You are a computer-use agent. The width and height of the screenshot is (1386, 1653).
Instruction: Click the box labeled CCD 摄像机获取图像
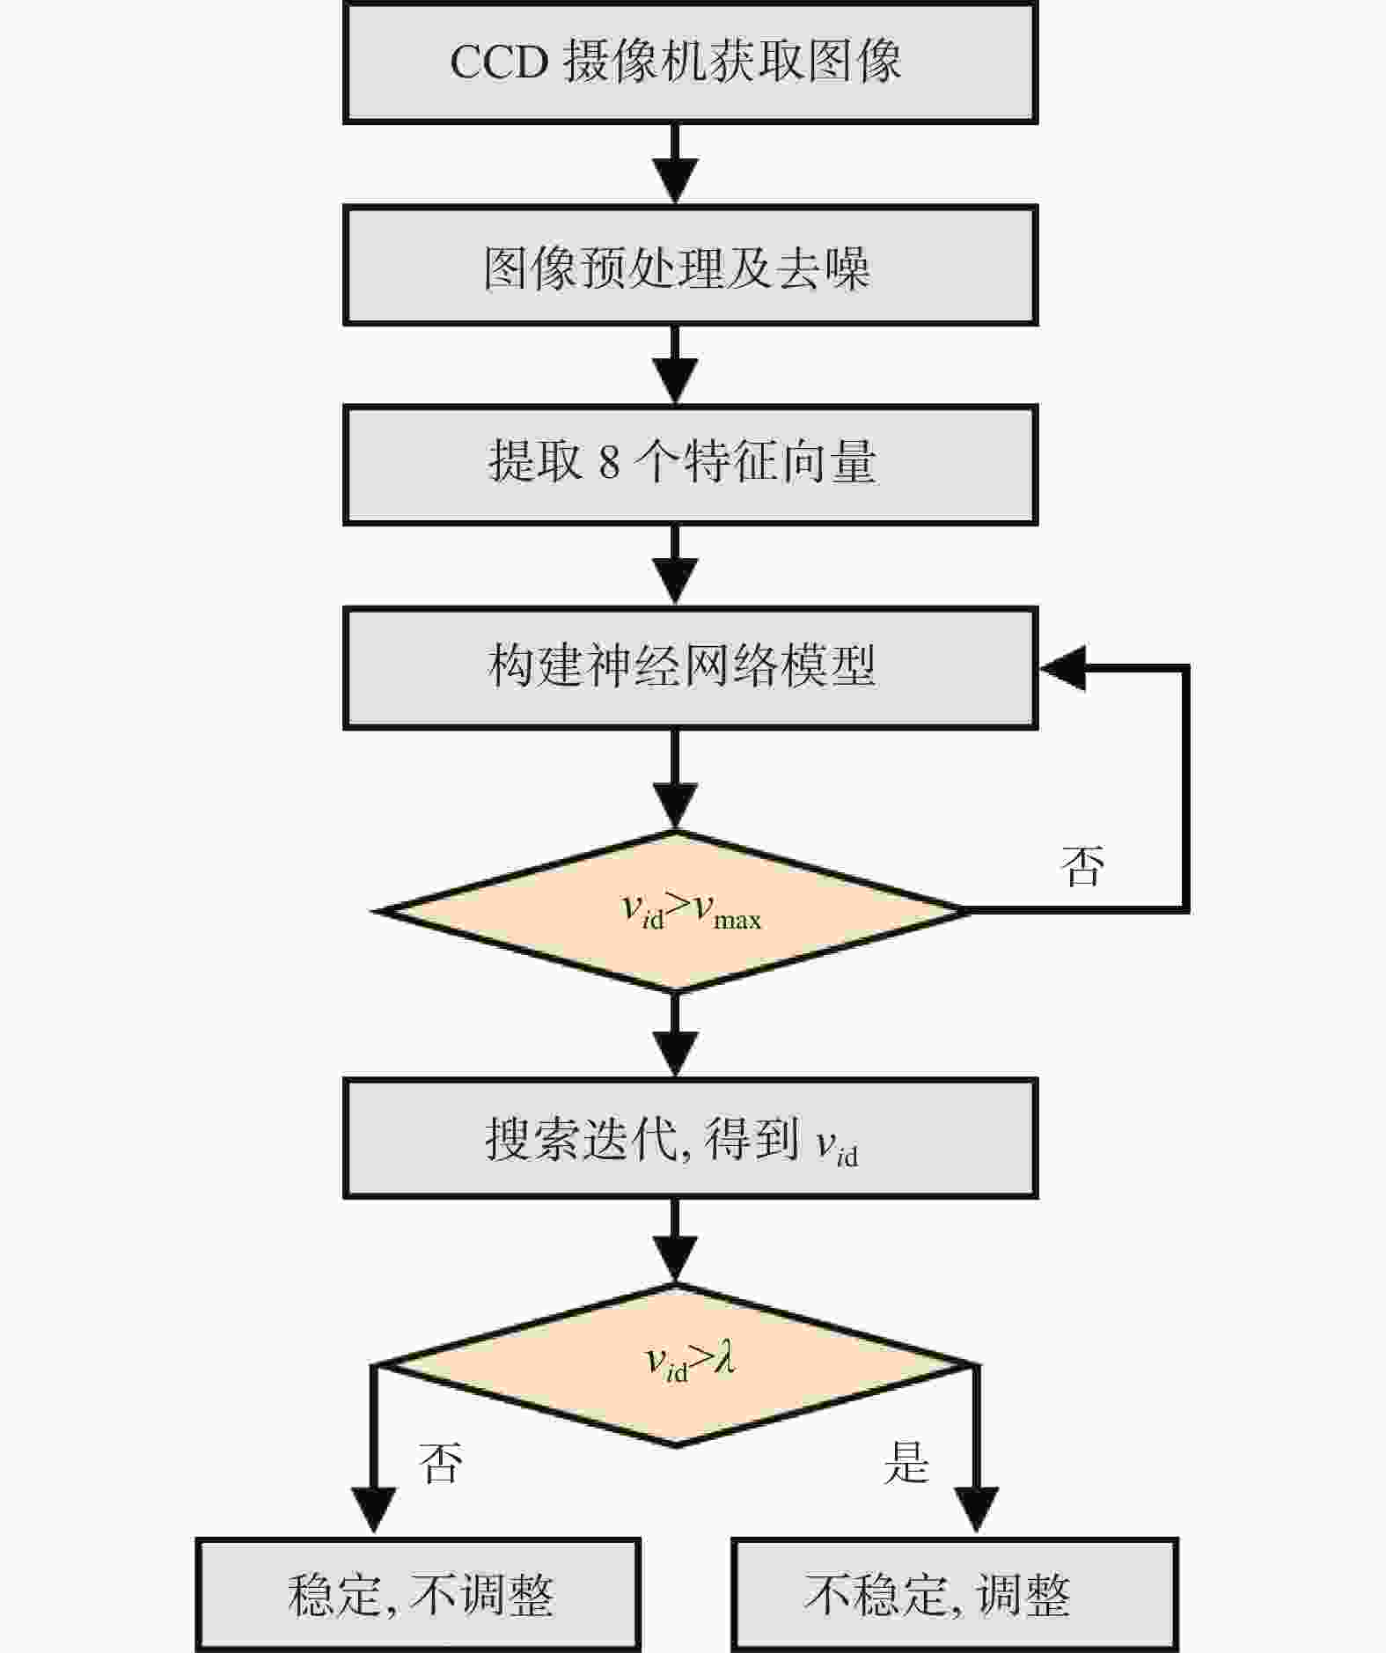pyautogui.click(x=690, y=62)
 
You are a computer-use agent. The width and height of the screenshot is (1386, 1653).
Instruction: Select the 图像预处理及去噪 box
pyautogui.click(x=690, y=266)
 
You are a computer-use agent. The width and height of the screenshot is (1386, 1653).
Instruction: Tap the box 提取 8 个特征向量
pyautogui.click(x=690, y=465)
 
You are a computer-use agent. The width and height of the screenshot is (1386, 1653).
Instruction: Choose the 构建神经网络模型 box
pyautogui.click(x=690, y=668)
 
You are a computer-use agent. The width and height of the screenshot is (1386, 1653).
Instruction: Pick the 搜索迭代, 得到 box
pyautogui.click(x=690, y=1138)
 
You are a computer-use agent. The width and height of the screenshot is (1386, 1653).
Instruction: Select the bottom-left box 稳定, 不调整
pyautogui.click(x=418, y=1595)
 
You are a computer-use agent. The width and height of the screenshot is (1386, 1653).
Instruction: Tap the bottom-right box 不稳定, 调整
pyautogui.click(x=955, y=1595)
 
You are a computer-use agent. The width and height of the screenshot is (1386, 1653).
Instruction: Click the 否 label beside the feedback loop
pyautogui.click(x=1082, y=866)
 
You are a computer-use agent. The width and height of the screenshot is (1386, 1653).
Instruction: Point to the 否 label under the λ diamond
pyautogui.click(x=440, y=1464)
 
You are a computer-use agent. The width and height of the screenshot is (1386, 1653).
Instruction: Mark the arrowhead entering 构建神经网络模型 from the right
pyautogui.click(x=1061, y=668)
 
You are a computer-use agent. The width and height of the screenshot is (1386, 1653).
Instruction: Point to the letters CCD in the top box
pyautogui.click(x=500, y=62)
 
